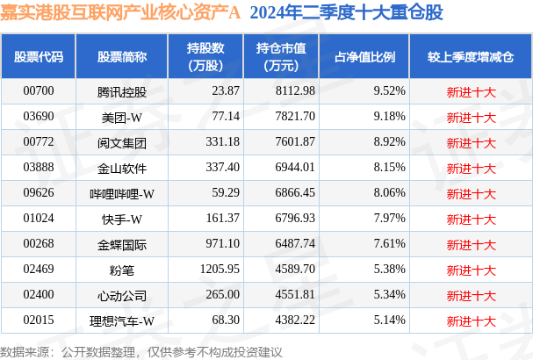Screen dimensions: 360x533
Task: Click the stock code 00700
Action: pyautogui.click(x=38, y=90)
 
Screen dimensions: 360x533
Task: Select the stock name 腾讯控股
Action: pyautogui.click(x=122, y=90)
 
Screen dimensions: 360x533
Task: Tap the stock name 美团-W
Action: pyautogui.click(x=122, y=116)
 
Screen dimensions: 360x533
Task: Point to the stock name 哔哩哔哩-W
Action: pyautogui.click(x=122, y=191)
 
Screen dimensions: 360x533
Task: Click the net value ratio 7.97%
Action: pyautogui.click(x=388, y=216)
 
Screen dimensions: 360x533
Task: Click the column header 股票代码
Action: pyautogui.click(x=38, y=56)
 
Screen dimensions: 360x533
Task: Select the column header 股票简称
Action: pyautogui.click(x=122, y=56)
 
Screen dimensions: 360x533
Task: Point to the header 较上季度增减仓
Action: pyautogui.click(x=470, y=56)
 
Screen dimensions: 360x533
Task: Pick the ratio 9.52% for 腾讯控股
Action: pyautogui.click(x=388, y=90)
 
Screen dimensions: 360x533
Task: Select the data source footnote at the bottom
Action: pyautogui.click(x=144, y=350)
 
